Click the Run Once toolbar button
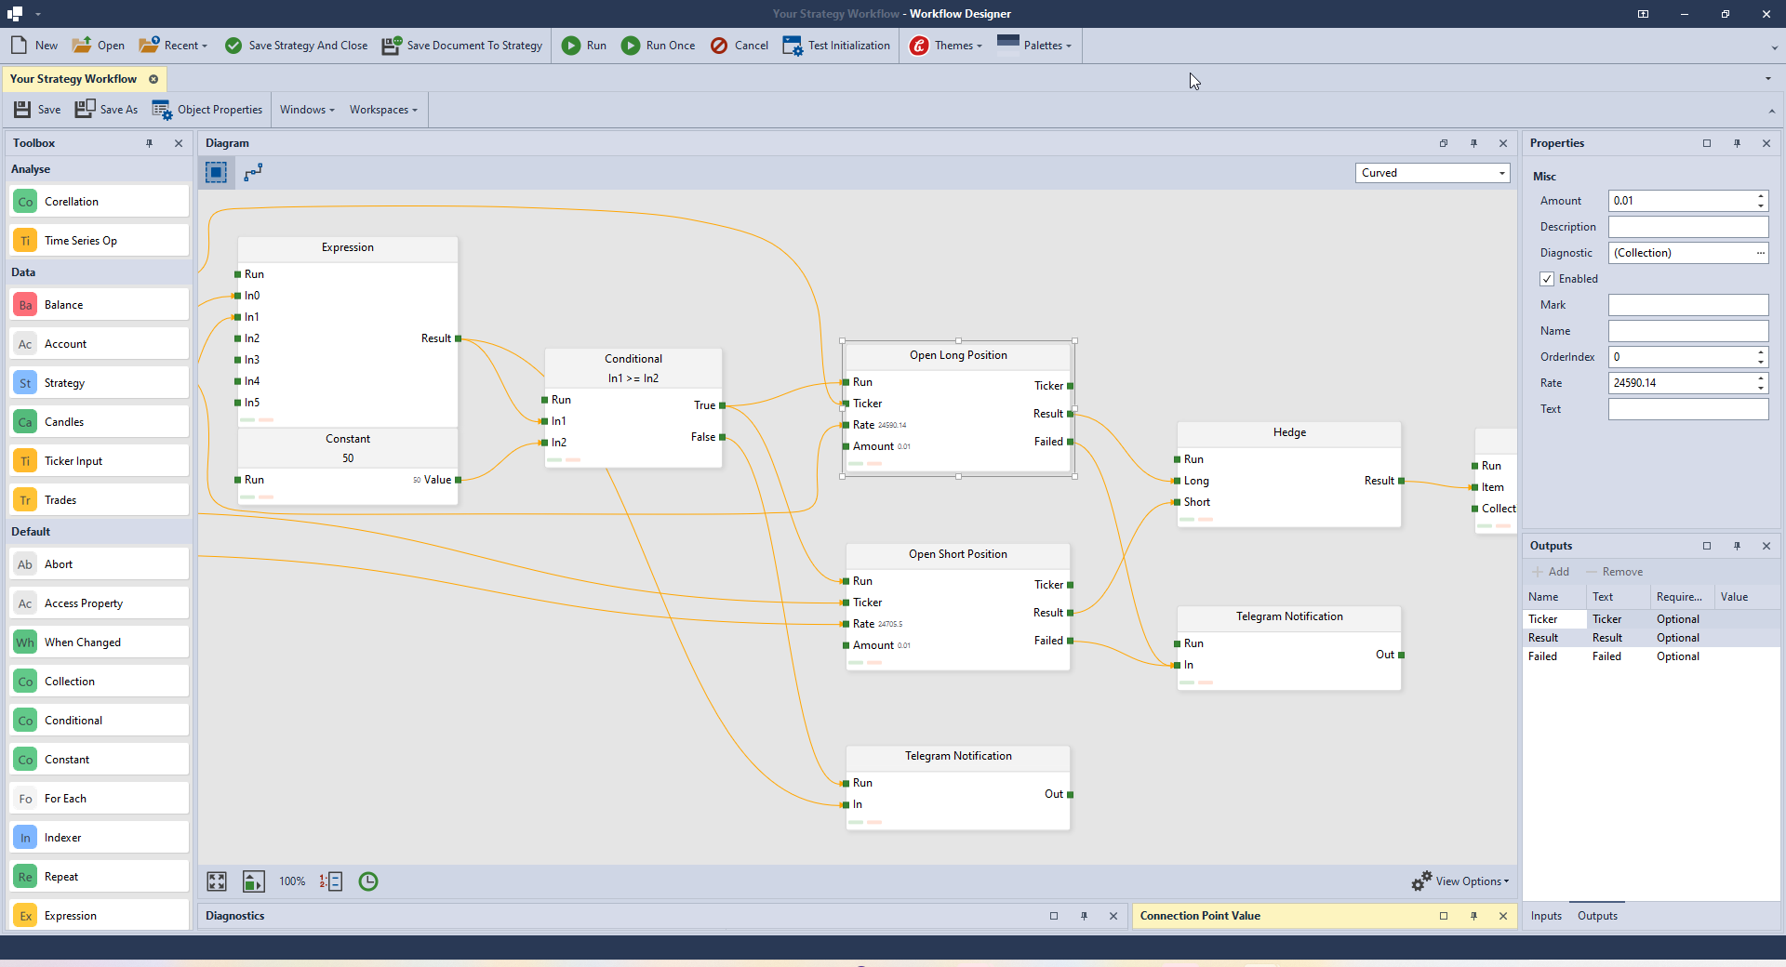point(659,46)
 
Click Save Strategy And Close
point(297,46)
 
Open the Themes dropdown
point(946,46)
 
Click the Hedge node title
point(1289,432)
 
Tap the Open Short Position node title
point(957,554)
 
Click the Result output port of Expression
point(458,338)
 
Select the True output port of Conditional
point(722,405)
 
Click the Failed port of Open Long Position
point(1070,442)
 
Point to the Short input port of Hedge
point(1178,502)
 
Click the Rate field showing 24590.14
point(1682,383)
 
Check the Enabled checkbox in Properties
point(1547,279)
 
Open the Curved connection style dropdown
point(1432,173)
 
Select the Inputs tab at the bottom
point(1546,916)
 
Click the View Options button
point(1460,881)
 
